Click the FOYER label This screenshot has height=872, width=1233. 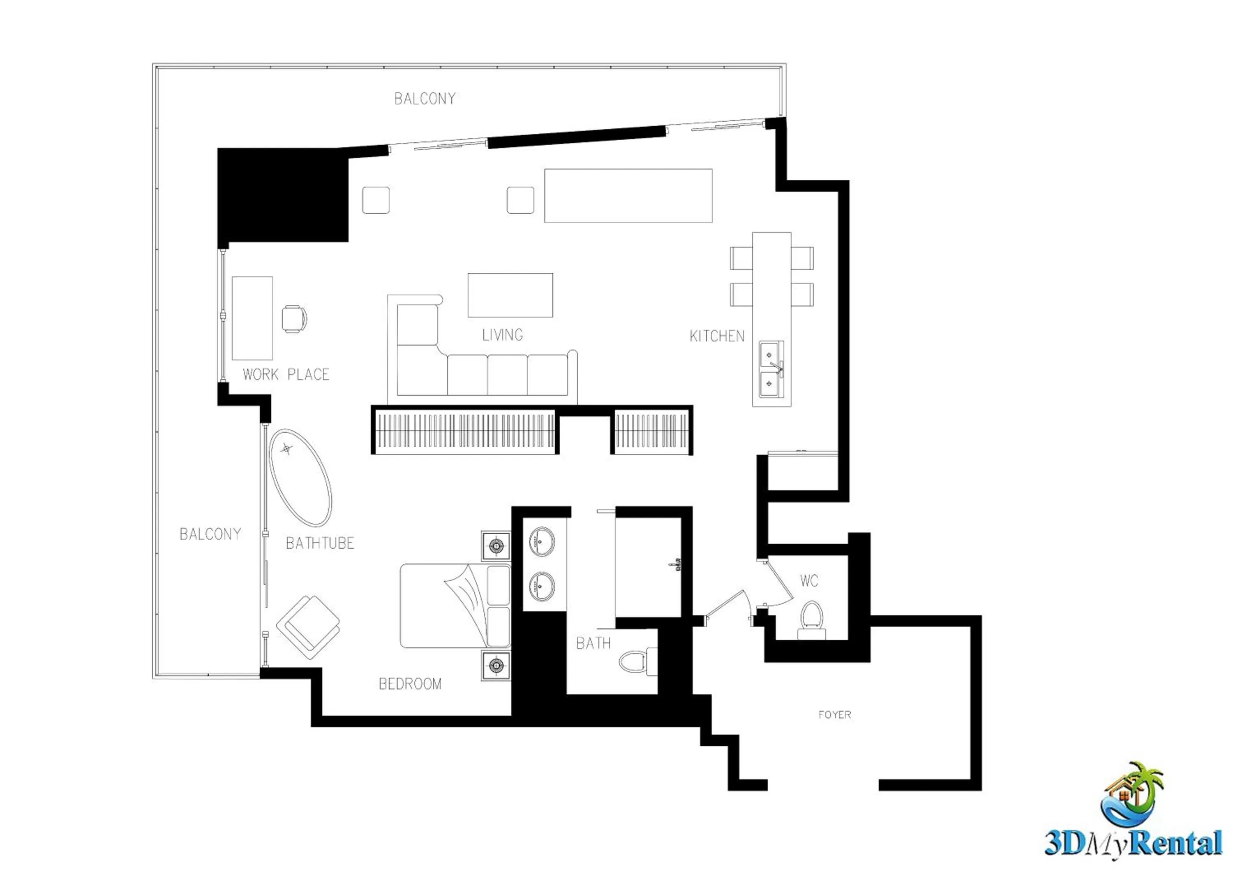click(x=834, y=714)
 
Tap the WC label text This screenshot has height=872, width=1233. click(x=809, y=581)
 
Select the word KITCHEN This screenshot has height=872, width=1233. click(x=717, y=336)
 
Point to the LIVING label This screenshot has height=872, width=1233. click(x=502, y=335)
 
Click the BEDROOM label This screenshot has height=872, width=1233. click(x=410, y=684)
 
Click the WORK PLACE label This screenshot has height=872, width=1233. click(x=286, y=374)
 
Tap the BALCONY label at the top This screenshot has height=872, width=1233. click(x=425, y=99)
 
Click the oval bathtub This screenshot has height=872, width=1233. click(x=300, y=478)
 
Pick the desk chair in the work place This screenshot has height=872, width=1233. click(x=294, y=319)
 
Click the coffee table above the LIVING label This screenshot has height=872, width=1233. click(x=510, y=295)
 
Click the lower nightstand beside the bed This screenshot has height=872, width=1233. click(x=496, y=666)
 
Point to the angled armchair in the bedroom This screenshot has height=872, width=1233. click(x=308, y=627)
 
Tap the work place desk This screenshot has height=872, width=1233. click(x=252, y=318)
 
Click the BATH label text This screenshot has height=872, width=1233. click(x=593, y=643)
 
